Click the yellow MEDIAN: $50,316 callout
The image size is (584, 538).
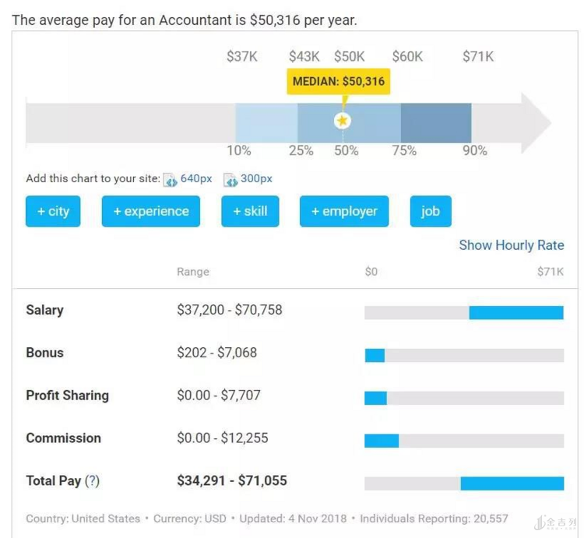pyautogui.click(x=338, y=82)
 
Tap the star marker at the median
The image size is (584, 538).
pyautogui.click(x=343, y=121)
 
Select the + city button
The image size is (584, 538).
pyautogui.click(x=53, y=211)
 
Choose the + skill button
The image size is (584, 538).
pyautogui.click(x=250, y=211)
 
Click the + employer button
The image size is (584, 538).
pyautogui.click(x=344, y=211)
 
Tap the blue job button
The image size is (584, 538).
pyautogui.click(x=431, y=211)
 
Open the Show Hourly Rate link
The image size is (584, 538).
pyautogui.click(x=511, y=245)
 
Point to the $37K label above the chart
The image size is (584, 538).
pyautogui.click(x=242, y=56)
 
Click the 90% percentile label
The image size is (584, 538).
pyautogui.click(x=475, y=151)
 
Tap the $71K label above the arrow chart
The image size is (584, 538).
pyautogui.click(x=477, y=56)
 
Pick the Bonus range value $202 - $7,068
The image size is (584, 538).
pyautogui.click(x=216, y=353)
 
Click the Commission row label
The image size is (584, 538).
pyautogui.click(x=63, y=438)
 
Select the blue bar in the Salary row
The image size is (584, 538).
pyautogui.click(x=515, y=312)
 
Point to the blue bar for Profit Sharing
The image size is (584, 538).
pyautogui.click(x=375, y=398)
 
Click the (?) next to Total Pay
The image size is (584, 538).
pyautogui.click(x=92, y=481)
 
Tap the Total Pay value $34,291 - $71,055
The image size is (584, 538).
pyautogui.click(x=231, y=481)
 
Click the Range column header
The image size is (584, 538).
pyautogui.click(x=193, y=272)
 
